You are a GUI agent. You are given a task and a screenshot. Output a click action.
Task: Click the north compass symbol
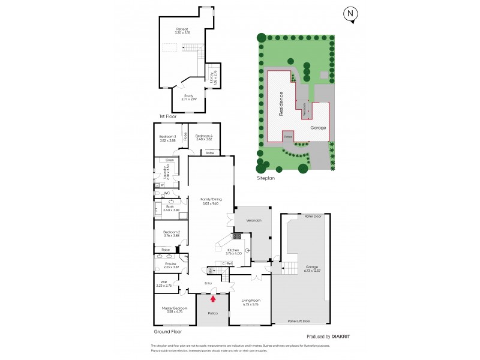pyautogui.click(x=350, y=14)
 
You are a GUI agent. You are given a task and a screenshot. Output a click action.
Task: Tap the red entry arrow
pyautogui.click(x=213, y=292)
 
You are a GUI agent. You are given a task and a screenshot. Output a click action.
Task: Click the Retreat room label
pyautogui.click(x=182, y=29)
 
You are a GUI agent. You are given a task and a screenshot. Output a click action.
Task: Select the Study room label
pyautogui.click(x=189, y=97)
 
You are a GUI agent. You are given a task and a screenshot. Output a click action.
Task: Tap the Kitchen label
pyautogui.click(x=233, y=250)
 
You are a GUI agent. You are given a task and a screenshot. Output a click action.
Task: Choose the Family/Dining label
pyautogui.click(x=206, y=200)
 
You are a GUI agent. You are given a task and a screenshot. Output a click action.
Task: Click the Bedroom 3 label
pyautogui.click(x=168, y=137)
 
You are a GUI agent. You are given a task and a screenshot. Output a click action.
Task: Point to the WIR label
pyautogui.click(x=163, y=283)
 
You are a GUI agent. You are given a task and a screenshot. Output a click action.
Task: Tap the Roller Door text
pyautogui.click(x=313, y=215)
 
